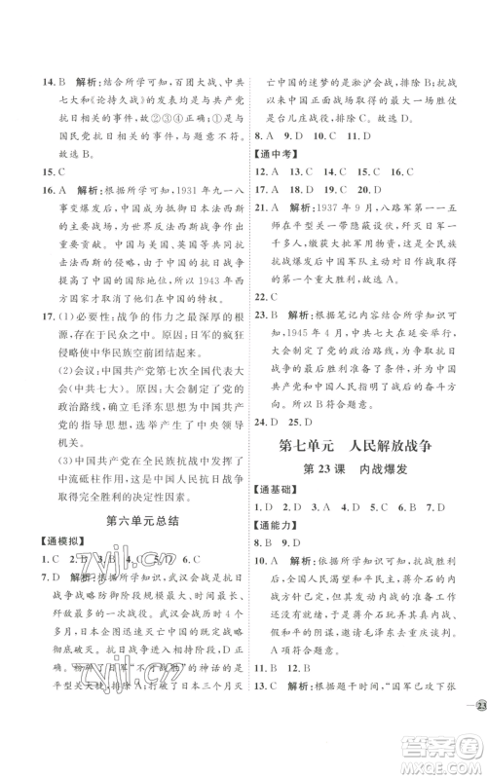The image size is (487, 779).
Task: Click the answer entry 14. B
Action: [38, 57]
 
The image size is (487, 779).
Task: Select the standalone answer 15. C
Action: [38, 166]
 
